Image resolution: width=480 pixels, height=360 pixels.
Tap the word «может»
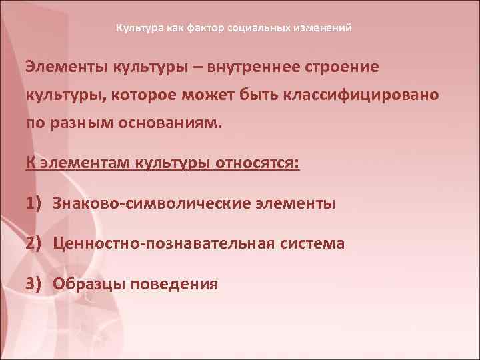pyautogui.click(x=230, y=95)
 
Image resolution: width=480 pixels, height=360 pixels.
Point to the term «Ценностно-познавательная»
pyautogui.click(x=163, y=244)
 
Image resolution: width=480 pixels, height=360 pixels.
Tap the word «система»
pyautogui.click(x=312, y=244)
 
